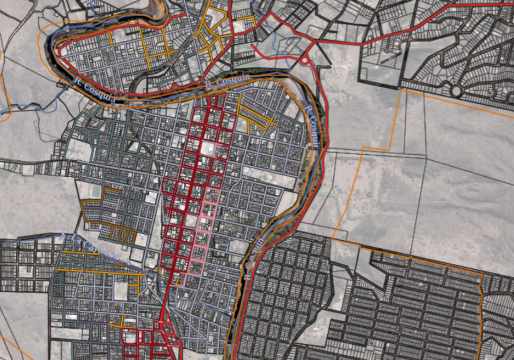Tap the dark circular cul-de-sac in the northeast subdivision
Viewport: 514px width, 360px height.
(456, 91)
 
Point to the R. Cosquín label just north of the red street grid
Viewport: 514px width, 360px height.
(227, 80)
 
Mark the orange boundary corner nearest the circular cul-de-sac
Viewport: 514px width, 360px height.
(401, 91)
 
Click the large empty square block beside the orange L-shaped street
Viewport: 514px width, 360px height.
(120, 291)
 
